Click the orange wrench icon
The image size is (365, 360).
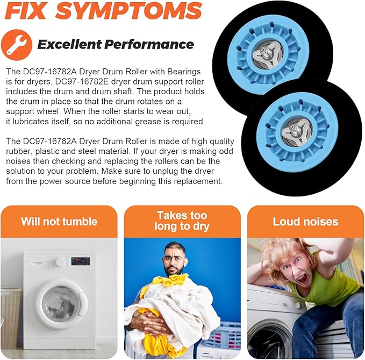pyautogui.click(x=16, y=45)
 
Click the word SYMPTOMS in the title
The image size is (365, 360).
pyautogui.click(x=128, y=10)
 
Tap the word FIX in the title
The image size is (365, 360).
pyautogui.click(x=24, y=11)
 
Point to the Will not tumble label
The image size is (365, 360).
pyautogui.click(x=59, y=221)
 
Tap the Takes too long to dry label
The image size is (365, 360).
pyautogui.click(x=182, y=221)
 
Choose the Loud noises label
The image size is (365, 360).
pyautogui.click(x=305, y=221)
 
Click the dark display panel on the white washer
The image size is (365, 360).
pyautogui.click(x=81, y=261)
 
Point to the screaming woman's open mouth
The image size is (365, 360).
pyautogui.click(x=303, y=278)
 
